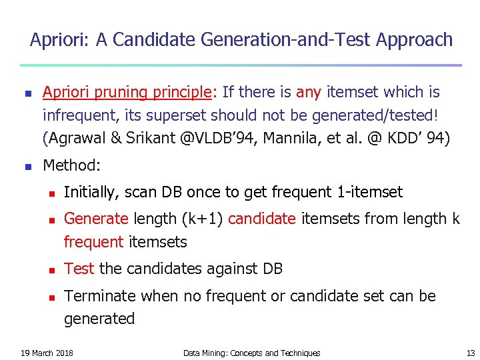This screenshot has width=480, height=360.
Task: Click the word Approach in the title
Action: (414, 41)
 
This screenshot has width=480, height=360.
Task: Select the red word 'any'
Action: (309, 92)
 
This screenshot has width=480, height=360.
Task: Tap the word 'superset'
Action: (179, 115)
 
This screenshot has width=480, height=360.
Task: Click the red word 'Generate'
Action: (96, 219)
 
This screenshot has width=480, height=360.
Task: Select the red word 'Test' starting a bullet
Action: (79, 269)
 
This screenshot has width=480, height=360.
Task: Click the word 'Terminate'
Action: (97, 296)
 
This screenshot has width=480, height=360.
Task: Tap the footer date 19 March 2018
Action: (47, 353)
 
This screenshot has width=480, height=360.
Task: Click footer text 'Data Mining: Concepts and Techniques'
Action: (251, 353)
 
